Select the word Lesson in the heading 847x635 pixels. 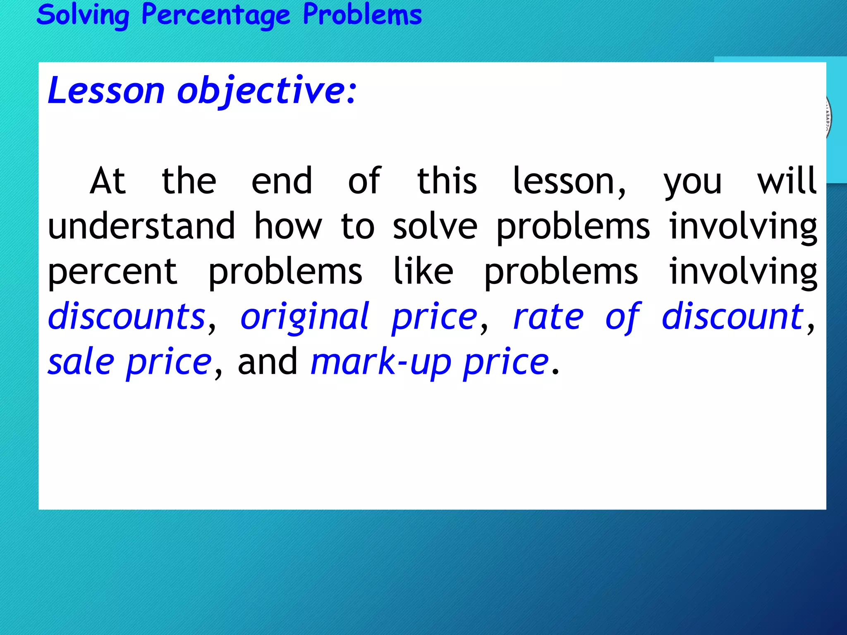(x=106, y=91)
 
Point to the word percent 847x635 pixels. (x=112, y=272)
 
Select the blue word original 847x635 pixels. (x=304, y=317)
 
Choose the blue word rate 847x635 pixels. (x=548, y=317)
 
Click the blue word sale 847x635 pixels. (x=81, y=362)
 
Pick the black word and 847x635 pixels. (x=268, y=362)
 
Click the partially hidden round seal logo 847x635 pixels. (x=828, y=118)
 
